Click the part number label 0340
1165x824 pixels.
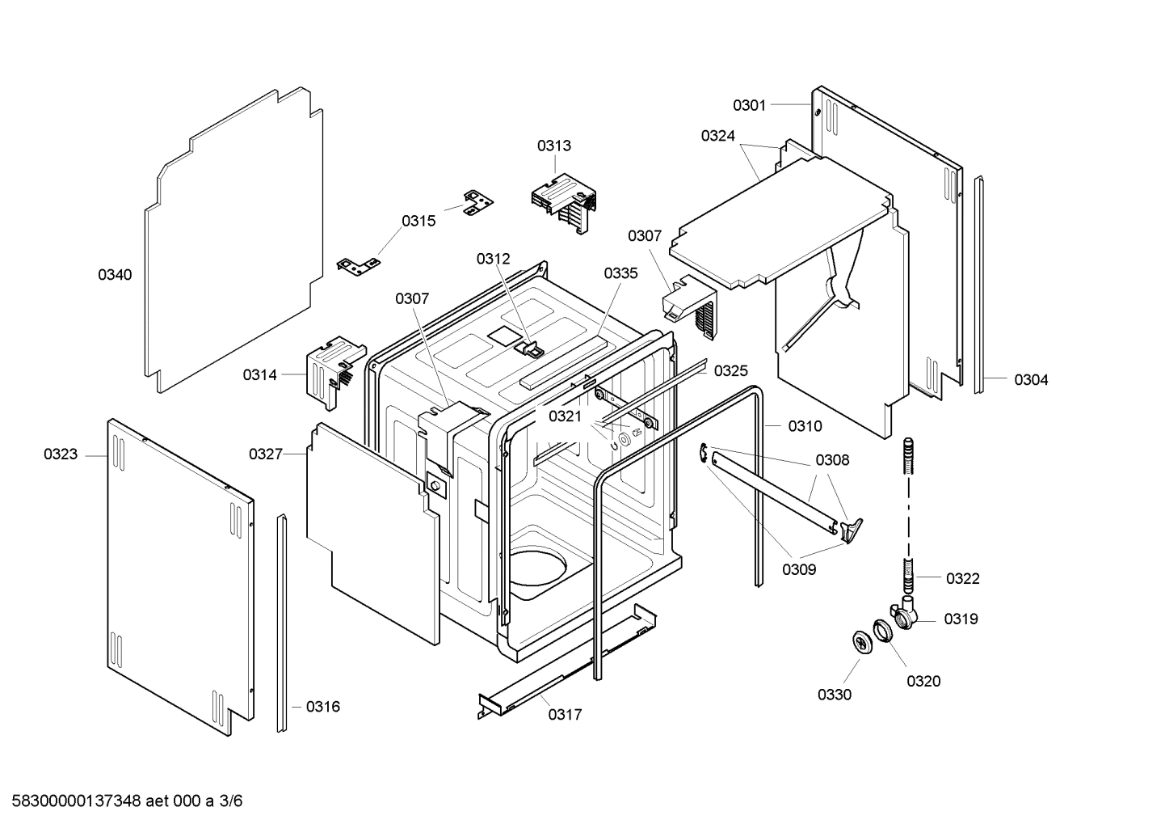pyautogui.click(x=115, y=275)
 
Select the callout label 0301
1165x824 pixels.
pyautogui.click(x=749, y=105)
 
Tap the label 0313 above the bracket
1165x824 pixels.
pyautogui.click(x=553, y=146)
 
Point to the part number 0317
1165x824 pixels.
pyautogui.click(x=565, y=715)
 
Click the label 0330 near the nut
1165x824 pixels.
pyautogui.click(x=834, y=695)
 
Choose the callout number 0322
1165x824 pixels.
pyautogui.click(x=962, y=578)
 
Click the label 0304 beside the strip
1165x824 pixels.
pyautogui.click(x=1031, y=380)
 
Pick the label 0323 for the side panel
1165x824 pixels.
pyautogui.click(x=61, y=454)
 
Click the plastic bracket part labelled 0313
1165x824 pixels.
pyautogui.click(x=563, y=203)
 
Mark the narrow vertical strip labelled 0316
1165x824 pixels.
pyautogui.click(x=282, y=623)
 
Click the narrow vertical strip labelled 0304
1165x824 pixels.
pyautogui.click(x=979, y=283)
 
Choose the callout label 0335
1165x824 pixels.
pyautogui.click(x=620, y=273)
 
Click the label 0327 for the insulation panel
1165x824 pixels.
pyautogui.click(x=266, y=454)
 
